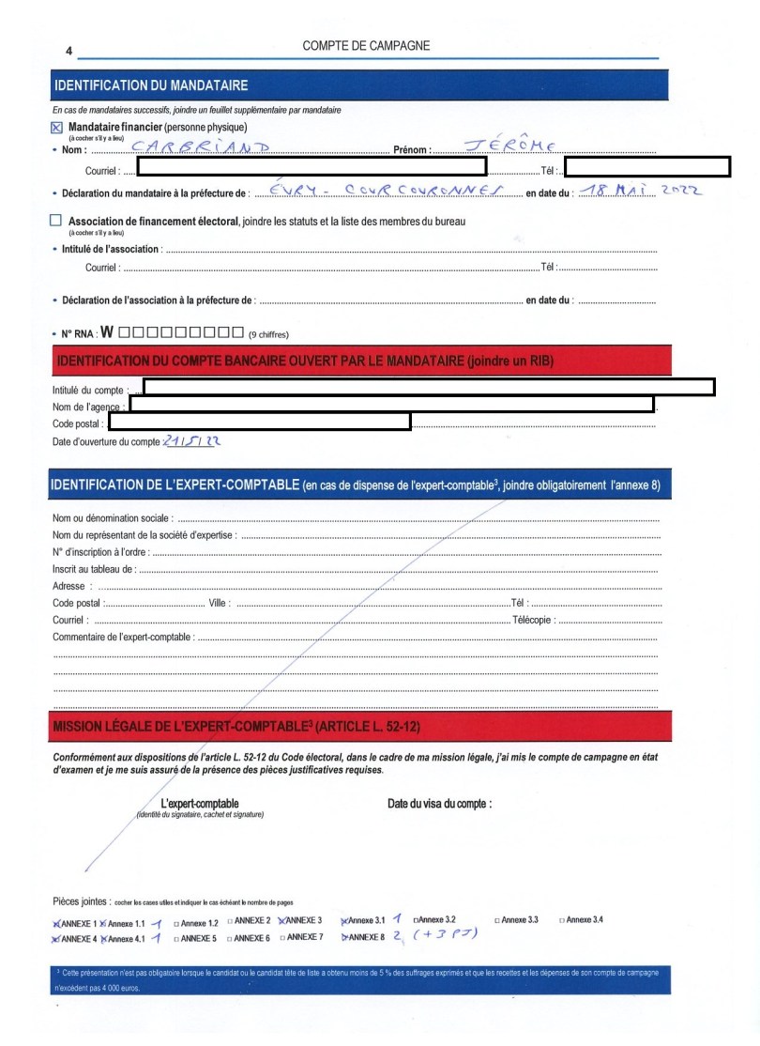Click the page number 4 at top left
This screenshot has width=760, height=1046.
tap(68, 51)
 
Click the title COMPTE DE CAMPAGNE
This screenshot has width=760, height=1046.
tap(367, 46)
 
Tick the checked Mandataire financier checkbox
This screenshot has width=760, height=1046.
tap(56, 127)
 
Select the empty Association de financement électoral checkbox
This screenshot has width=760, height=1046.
tap(56, 221)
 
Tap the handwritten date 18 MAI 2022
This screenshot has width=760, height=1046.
tap(640, 191)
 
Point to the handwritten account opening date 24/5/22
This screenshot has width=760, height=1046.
tap(192, 440)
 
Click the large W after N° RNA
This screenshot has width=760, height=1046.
tap(107, 332)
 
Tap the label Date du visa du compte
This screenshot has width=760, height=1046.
tap(439, 804)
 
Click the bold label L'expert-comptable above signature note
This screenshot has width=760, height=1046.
tap(200, 804)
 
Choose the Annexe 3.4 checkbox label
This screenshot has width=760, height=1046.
tap(584, 919)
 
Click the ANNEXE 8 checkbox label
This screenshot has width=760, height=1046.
tap(367, 937)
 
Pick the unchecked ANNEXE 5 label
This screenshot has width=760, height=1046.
tap(198, 938)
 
